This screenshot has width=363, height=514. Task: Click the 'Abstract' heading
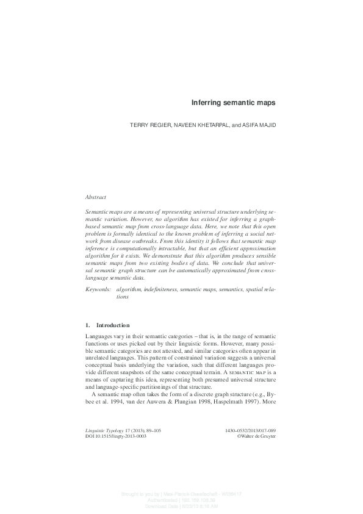tap(96, 197)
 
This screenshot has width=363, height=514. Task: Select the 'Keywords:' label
tap(98, 286)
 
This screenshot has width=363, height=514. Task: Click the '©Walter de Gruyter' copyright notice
tap(254, 454)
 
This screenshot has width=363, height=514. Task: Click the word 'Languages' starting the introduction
tap(99, 337)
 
